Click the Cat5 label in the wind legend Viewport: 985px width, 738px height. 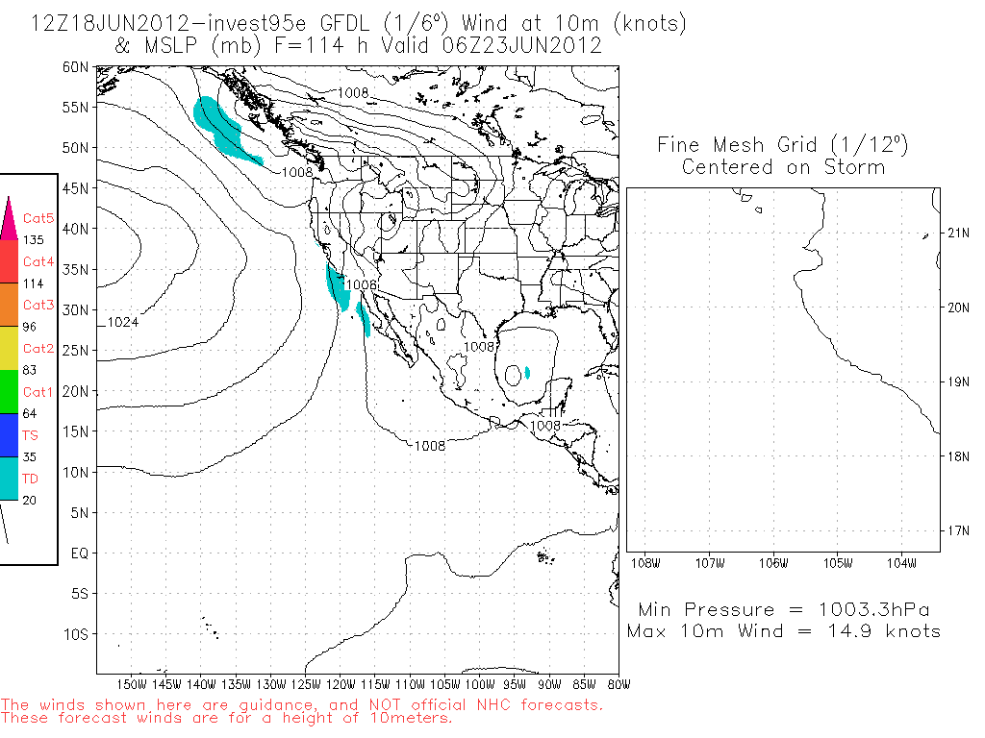point(38,218)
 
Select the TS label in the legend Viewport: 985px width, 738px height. point(30,434)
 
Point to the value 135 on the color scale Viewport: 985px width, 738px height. point(34,240)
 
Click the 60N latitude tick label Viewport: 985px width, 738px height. point(76,67)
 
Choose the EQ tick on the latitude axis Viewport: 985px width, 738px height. point(80,553)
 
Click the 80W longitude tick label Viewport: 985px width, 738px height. point(619,685)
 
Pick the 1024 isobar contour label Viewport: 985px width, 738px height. point(122,323)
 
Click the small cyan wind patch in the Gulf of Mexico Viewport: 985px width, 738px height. point(527,372)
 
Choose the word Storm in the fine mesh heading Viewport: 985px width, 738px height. point(854,167)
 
